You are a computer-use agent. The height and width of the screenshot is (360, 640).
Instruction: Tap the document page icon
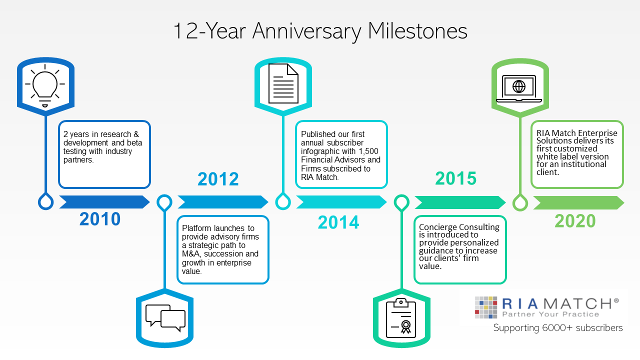283,83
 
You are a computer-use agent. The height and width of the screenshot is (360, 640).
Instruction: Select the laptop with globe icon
519,88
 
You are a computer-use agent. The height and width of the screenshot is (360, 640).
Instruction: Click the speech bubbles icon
165,318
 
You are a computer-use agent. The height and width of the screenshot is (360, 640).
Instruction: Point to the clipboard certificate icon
401,318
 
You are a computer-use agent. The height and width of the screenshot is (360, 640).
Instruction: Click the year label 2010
100,219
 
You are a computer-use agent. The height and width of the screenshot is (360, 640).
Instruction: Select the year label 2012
218,179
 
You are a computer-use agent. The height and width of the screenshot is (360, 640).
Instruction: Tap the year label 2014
338,222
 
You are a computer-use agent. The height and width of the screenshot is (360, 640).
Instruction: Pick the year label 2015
456,178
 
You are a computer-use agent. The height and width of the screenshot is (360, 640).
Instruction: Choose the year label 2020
575,221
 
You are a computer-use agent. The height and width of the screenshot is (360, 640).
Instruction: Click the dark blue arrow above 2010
104,202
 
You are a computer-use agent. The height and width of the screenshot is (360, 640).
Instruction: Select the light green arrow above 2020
579,203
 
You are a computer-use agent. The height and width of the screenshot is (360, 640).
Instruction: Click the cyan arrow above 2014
341,202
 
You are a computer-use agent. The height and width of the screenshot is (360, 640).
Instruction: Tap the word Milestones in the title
417,31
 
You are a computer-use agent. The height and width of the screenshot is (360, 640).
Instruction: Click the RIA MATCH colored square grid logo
485,307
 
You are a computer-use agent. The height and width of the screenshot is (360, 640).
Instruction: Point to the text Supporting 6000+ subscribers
557,328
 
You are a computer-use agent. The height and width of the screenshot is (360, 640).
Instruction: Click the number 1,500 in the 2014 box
368,151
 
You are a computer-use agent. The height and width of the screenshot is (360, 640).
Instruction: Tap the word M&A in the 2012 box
190,253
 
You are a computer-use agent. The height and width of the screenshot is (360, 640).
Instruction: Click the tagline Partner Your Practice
550,314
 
